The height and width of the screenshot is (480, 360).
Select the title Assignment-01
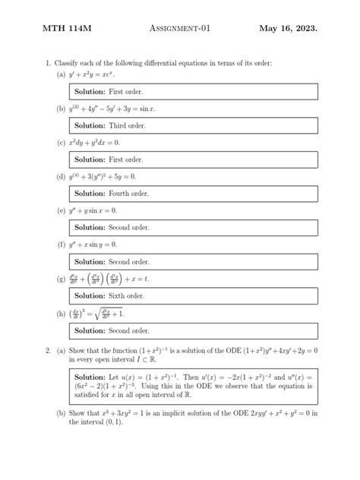180,29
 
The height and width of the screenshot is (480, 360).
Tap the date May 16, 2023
289,29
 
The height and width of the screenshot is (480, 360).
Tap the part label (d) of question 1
61,176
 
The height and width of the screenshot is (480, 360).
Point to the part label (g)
61,279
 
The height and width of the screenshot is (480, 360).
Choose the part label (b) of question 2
61,414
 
